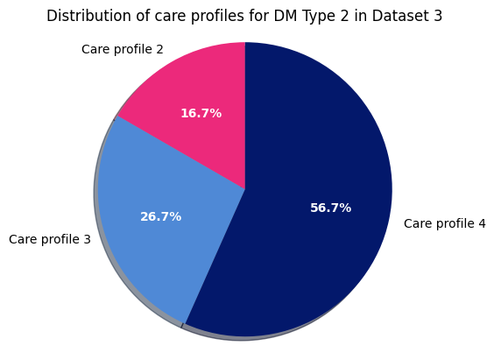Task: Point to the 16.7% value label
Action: (201, 114)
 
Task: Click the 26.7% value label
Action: (160, 217)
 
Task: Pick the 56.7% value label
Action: (330, 208)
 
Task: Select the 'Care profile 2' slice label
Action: (123, 50)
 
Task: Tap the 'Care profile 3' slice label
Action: (50, 240)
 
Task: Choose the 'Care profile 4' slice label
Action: (444, 224)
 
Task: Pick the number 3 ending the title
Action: (437, 17)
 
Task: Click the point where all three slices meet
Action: (245, 189)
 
